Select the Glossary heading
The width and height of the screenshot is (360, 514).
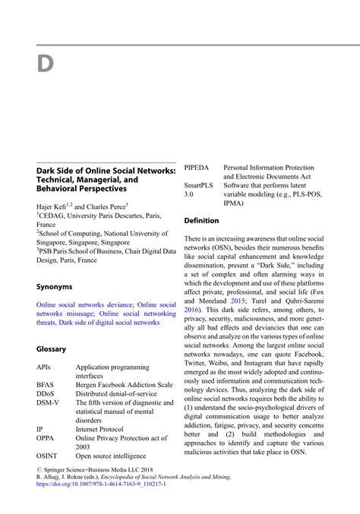52,348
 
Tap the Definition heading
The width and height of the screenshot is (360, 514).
202,220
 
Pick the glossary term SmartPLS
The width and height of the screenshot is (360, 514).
198,184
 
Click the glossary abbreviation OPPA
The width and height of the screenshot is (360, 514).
46,438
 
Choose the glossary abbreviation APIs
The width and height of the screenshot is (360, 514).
44,367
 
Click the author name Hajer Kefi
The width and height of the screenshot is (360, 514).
55,207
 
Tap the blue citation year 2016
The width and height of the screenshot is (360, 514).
193,310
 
